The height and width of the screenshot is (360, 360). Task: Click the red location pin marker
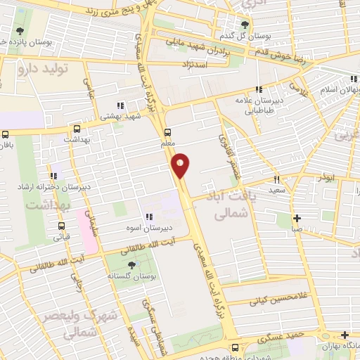click(181, 165)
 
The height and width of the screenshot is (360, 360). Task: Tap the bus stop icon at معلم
click(167, 131)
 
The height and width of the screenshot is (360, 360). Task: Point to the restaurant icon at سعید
click(276, 179)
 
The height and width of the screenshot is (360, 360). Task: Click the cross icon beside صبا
click(297, 218)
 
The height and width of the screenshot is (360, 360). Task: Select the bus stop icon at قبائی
click(62, 226)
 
